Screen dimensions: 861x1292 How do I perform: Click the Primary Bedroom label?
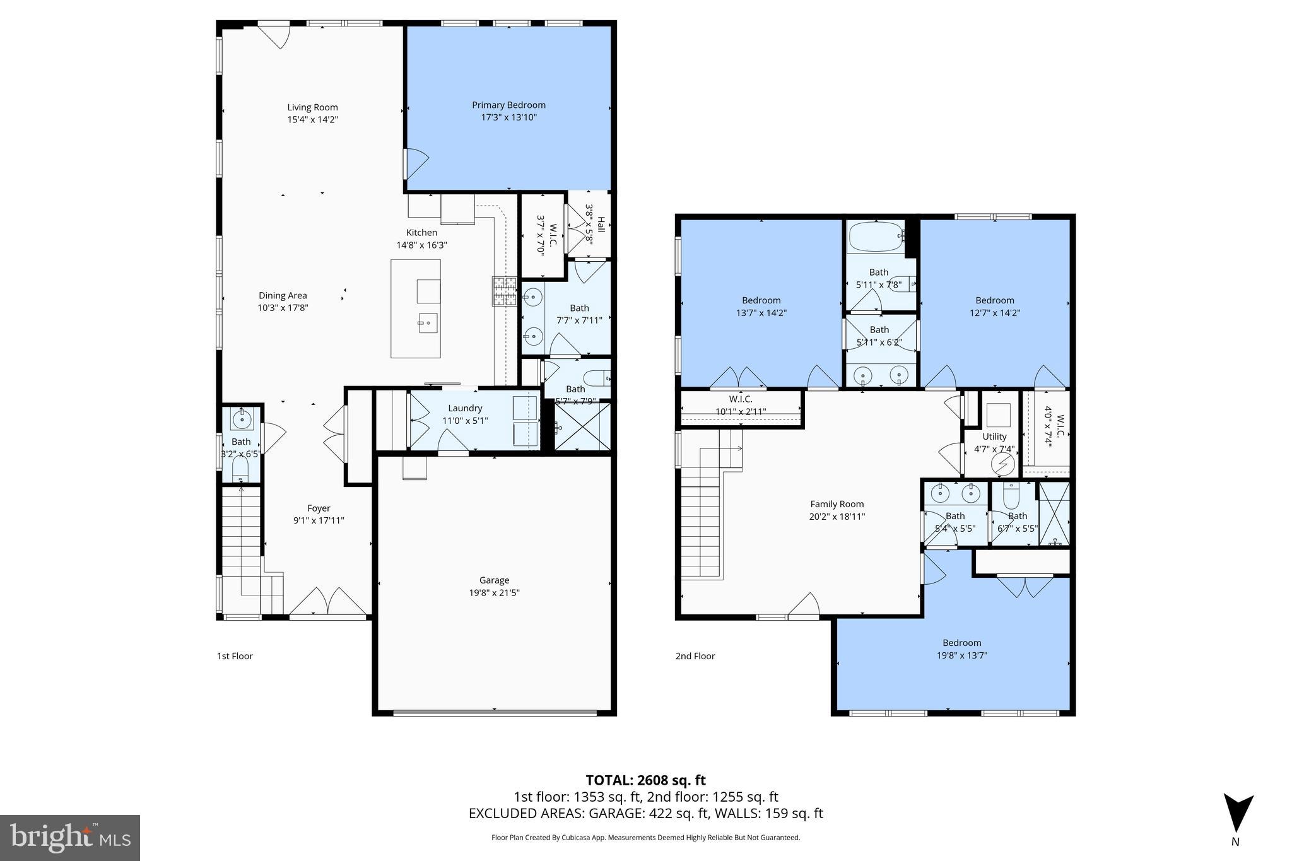point(508,105)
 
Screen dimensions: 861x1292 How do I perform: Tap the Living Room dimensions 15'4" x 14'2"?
point(312,119)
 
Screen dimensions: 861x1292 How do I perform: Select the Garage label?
point(494,580)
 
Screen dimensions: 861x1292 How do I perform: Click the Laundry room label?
point(465,409)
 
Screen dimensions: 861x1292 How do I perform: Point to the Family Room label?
point(837,504)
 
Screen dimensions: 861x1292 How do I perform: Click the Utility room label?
point(994,436)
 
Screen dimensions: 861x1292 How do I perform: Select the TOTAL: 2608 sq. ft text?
point(645,780)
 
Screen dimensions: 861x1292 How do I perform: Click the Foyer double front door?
point(328,602)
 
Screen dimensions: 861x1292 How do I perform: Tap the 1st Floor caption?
point(235,656)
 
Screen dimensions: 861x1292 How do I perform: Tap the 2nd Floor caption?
point(695,656)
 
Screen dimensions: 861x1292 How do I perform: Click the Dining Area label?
point(283,296)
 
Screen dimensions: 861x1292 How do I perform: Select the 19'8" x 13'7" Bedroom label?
point(962,643)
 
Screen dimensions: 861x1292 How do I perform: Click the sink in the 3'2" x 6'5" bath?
point(242,418)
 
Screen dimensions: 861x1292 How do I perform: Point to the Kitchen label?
point(421,233)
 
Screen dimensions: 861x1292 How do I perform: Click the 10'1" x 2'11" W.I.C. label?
point(740,399)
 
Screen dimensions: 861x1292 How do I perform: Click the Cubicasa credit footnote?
point(645,838)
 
